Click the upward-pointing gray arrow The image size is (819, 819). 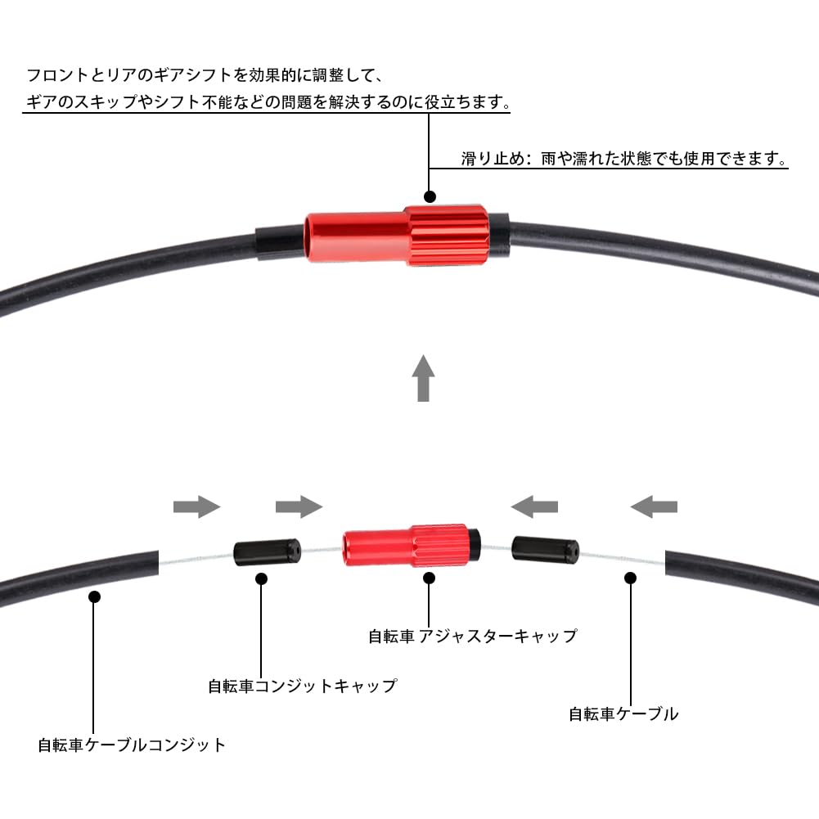[422, 377]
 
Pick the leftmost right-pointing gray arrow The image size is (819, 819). [197, 507]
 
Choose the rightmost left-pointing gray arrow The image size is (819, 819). [653, 507]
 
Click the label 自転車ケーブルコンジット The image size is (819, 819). [132, 745]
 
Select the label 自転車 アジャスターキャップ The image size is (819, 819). [472, 636]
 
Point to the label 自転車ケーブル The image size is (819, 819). [623, 713]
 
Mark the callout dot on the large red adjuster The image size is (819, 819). [430, 197]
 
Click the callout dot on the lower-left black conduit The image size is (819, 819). [94, 597]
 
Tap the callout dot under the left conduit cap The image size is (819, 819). [262, 578]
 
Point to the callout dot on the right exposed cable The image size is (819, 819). [630, 578]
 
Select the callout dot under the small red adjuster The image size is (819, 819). [430, 578]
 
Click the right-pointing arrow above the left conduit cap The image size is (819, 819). [299, 507]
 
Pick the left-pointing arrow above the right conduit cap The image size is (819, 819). [534, 507]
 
